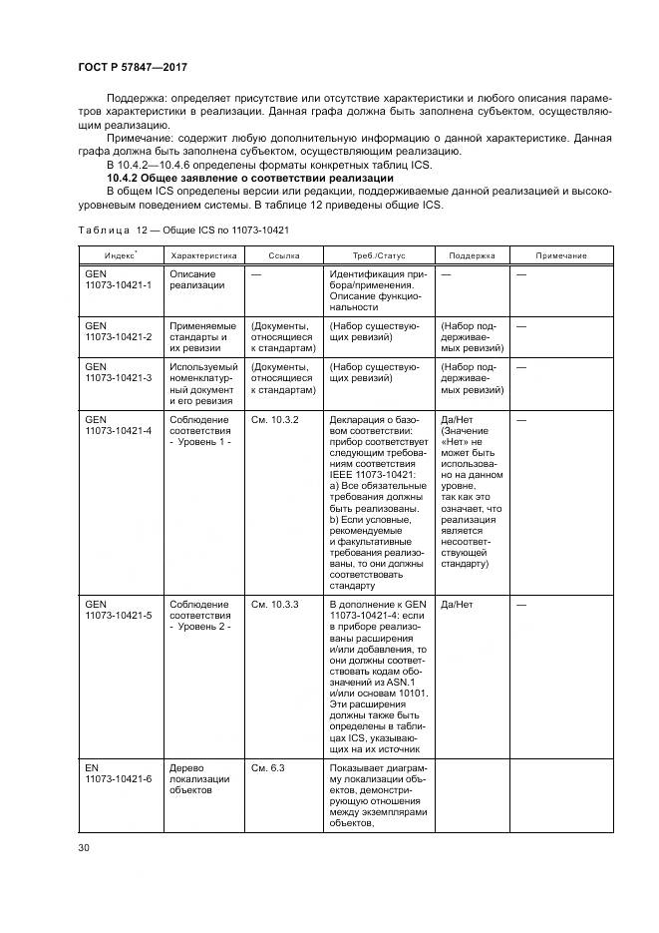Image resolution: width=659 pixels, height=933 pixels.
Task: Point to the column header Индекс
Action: pos(121,255)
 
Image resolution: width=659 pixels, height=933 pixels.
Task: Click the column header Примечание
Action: pos(561,255)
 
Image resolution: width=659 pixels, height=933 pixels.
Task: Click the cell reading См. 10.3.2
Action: pos(275,420)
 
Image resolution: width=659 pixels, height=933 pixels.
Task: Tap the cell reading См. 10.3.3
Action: pos(275,605)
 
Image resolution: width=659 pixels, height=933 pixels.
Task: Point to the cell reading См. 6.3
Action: pos(268,767)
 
